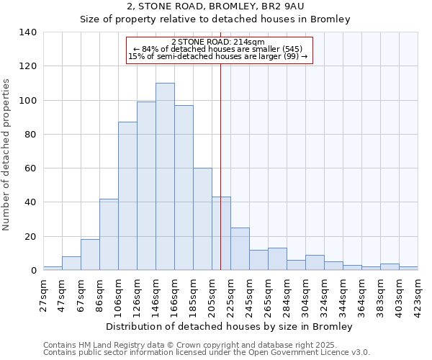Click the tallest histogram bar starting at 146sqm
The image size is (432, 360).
[165, 176]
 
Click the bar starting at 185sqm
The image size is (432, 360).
[202, 219]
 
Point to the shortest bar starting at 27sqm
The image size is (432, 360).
[53, 269]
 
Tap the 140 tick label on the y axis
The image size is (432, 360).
[28, 32]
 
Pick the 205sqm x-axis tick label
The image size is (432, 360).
[212, 297]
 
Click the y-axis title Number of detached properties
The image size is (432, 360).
[8, 155]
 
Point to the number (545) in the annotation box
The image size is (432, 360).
[298, 49]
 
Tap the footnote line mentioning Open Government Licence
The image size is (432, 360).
[207, 353]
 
